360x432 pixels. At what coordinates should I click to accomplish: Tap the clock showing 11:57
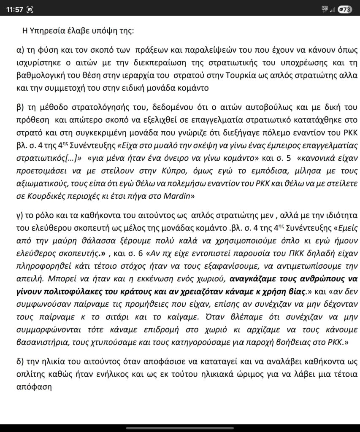15,9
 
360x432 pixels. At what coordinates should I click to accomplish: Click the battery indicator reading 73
345,9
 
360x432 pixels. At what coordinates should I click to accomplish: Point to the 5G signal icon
325,8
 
